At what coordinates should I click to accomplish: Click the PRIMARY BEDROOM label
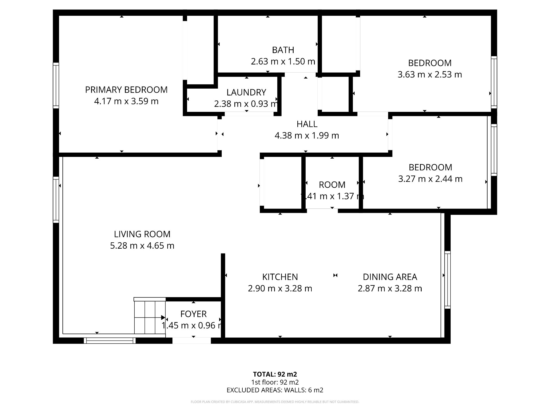tap(126, 90)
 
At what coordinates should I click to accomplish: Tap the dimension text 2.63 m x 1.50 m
tap(283, 61)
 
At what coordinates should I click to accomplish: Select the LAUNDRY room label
tap(246, 92)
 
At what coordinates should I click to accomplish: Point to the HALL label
tap(307, 124)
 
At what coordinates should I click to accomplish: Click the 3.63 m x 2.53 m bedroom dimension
tap(430, 75)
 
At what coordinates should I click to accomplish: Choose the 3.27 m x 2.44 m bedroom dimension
tap(430, 179)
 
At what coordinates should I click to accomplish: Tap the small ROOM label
tap(332, 185)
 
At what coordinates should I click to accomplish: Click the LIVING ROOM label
tap(142, 234)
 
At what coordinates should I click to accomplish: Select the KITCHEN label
tap(280, 277)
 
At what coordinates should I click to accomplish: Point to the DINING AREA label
tap(390, 277)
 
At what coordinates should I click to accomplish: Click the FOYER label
tap(193, 314)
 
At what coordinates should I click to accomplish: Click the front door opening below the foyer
tap(192, 340)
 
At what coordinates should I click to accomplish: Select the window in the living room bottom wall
tap(110, 340)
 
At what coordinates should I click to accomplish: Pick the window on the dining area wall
tap(447, 280)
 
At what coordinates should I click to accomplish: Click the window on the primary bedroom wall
tap(56, 85)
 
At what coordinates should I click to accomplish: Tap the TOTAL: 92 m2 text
tap(275, 374)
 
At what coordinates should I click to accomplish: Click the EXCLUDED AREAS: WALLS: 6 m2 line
tap(275, 390)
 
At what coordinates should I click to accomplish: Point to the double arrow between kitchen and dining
tap(335, 275)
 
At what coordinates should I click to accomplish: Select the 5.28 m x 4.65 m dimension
tap(142, 246)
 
